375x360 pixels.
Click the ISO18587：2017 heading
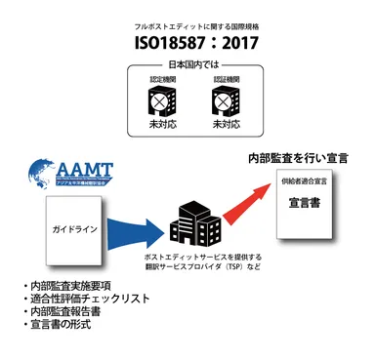(x=187, y=43)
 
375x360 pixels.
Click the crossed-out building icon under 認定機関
(x=158, y=103)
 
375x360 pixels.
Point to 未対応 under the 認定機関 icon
(x=158, y=125)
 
